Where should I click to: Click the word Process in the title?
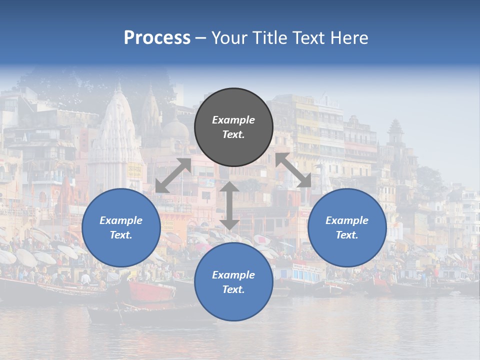pyautogui.click(x=157, y=38)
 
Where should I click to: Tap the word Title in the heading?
pyautogui.click(x=269, y=38)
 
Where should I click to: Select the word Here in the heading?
pyautogui.click(x=349, y=38)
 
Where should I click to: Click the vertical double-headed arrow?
pyautogui.click(x=229, y=205)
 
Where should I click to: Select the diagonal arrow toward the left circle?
pyautogui.click(x=173, y=175)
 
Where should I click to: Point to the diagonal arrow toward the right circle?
pyautogui.click(x=293, y=170)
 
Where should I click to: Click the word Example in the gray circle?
pyautogui.click(x=233, y=120)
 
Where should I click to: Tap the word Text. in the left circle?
pyautogui.click(x=121, y=235)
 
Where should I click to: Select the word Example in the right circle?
pyautogui.click(x=347, y=220)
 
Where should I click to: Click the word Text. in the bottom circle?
pyautogui.click(x=233, y=289)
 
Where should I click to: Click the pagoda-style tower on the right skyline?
pyautogui.click(x=395, y=132)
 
